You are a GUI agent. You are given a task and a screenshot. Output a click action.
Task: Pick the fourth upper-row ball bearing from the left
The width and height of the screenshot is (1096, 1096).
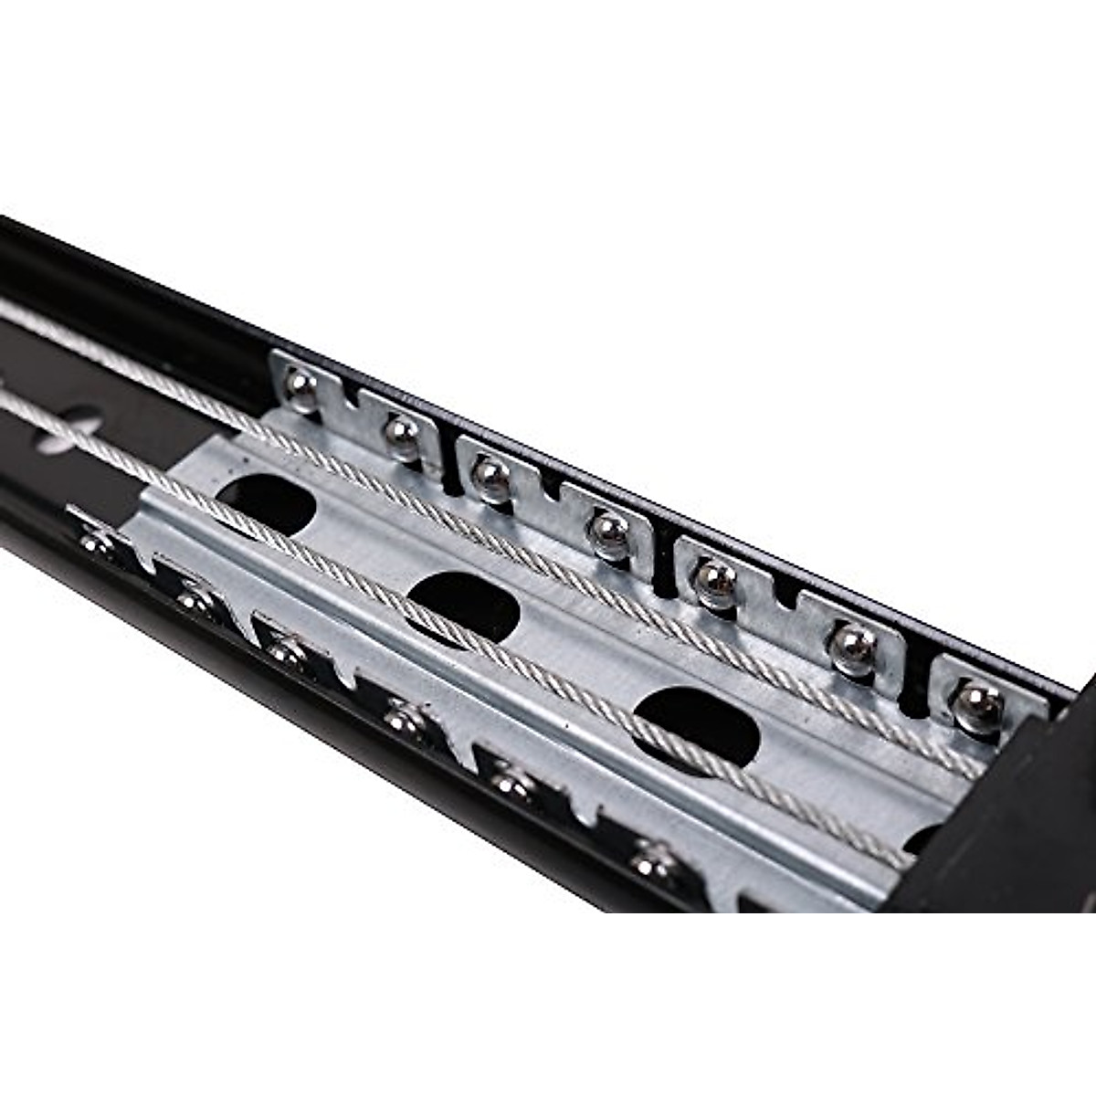coord(607,529)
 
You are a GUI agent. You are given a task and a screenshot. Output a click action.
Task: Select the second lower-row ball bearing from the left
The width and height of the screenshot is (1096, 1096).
coord(195,601)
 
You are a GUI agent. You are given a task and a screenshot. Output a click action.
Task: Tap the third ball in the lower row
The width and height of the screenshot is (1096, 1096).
coord(288,651)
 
